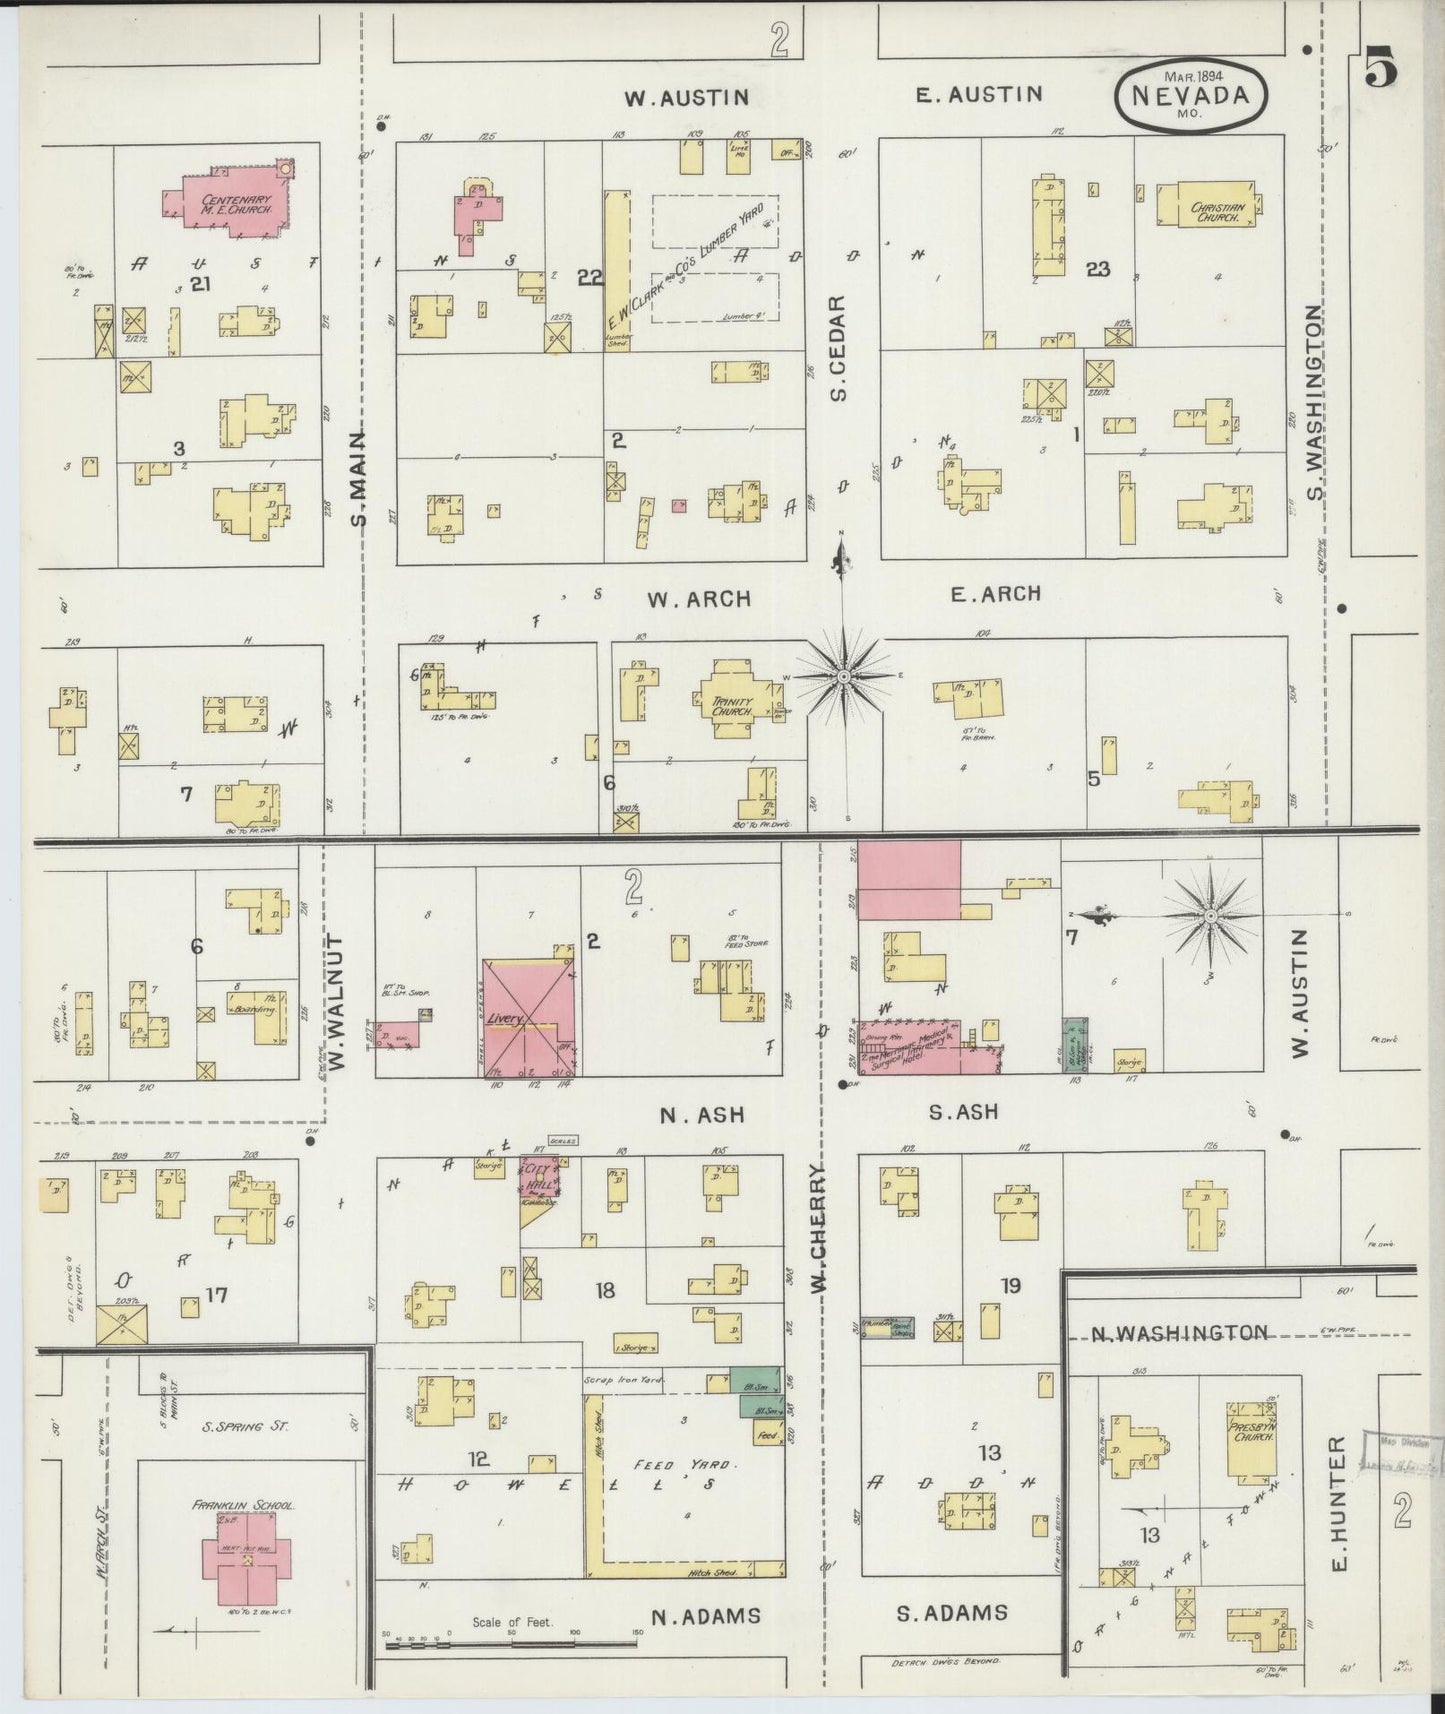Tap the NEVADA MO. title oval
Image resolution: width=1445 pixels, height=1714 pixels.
(1190, 96)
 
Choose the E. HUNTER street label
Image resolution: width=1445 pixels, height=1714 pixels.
(1342, 1505)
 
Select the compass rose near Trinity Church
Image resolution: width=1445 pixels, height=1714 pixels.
(843, 677)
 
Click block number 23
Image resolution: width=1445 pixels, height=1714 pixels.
(1098, 268)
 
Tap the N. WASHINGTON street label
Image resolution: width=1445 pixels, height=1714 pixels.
(1175, 1333)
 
